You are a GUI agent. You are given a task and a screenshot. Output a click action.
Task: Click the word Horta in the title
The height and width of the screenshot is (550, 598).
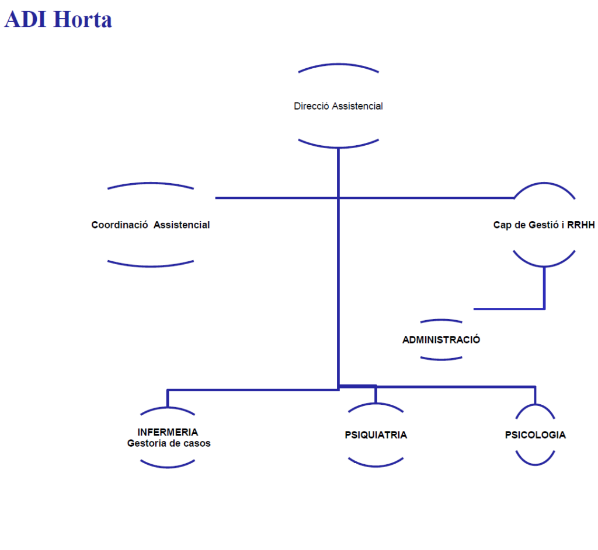[82, 19]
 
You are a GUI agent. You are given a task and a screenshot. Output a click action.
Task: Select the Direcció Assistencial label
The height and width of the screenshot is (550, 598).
[338, 106]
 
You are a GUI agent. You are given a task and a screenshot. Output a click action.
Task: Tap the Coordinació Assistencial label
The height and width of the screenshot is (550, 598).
[151, 225]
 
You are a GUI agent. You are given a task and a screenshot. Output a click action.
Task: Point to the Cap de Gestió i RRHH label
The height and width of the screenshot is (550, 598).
[544, 225]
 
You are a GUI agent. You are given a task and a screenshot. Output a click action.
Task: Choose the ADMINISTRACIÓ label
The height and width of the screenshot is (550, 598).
[441, 339]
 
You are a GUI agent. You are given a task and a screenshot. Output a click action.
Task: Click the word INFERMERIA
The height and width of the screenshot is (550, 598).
[168, 432]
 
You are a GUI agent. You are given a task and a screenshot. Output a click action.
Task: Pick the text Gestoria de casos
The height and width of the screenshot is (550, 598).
[169, 443]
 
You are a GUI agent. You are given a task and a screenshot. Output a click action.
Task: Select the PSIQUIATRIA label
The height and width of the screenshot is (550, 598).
[376, 435]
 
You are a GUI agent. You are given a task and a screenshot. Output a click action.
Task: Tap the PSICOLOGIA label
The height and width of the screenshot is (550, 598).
[535, 435]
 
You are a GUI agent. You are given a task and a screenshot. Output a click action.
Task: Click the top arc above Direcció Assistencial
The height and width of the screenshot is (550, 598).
[338, 66]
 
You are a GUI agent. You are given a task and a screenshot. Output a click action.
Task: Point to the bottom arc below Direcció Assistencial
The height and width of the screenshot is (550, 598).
[338, 144]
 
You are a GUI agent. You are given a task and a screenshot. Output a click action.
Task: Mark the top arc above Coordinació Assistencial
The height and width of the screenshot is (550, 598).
[151, 185]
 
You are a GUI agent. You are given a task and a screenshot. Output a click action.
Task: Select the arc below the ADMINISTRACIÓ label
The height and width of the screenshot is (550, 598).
[441, 359]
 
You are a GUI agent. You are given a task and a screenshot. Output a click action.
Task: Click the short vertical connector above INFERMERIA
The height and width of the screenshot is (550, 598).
[168, 398]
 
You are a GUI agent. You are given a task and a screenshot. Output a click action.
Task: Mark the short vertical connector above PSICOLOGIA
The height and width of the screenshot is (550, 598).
[535, 395]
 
